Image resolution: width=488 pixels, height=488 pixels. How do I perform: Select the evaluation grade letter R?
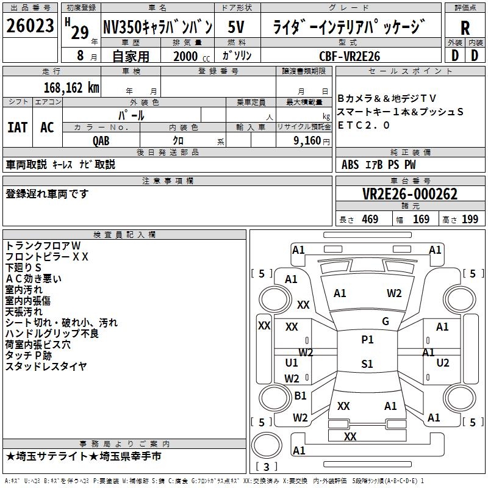[x=465, y=29]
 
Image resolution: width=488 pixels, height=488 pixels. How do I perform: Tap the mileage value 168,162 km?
[x=71, y=88]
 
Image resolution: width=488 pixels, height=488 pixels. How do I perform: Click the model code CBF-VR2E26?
[x=350, y=56]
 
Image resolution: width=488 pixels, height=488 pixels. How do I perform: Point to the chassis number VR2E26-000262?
[x=409, y=195]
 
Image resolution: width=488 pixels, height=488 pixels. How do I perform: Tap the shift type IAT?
[x=17, y=127]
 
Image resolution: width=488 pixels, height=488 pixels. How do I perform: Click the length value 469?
[x=370, y=220]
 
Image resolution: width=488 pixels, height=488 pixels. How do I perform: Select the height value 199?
[x=470, y=220]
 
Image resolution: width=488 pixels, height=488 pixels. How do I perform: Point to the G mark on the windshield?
[x=386, y=321]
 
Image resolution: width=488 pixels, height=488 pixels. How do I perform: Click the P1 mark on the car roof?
[x=367, y=340]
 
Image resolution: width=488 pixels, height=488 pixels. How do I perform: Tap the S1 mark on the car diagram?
[x=367, y=364]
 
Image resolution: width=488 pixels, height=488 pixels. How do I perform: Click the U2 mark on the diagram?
[x=443, y=363]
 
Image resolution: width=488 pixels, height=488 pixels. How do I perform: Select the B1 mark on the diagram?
[x=300, y=396]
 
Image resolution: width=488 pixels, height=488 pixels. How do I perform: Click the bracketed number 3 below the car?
[x=267, y=467]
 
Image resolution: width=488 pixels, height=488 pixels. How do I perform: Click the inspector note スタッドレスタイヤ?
[x=46, y=366]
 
